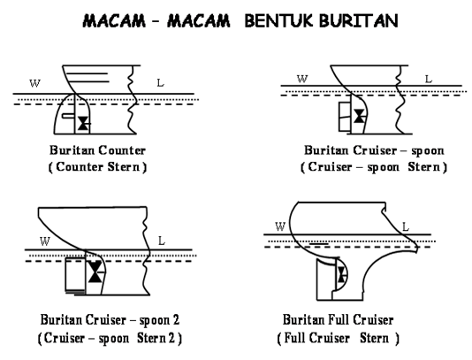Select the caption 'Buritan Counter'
point(98,150)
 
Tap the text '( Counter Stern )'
point(98,166)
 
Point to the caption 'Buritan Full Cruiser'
point(338,319)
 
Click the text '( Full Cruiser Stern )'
point(338,337)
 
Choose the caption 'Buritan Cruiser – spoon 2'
point(99,319)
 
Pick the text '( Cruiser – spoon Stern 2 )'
point(99,337)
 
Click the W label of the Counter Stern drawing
point(34,84)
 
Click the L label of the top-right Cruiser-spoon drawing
point(429,80)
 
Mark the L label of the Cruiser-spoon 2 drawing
point(161,241)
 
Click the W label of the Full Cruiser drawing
point(280,227)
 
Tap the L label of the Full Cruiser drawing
point(406,227)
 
